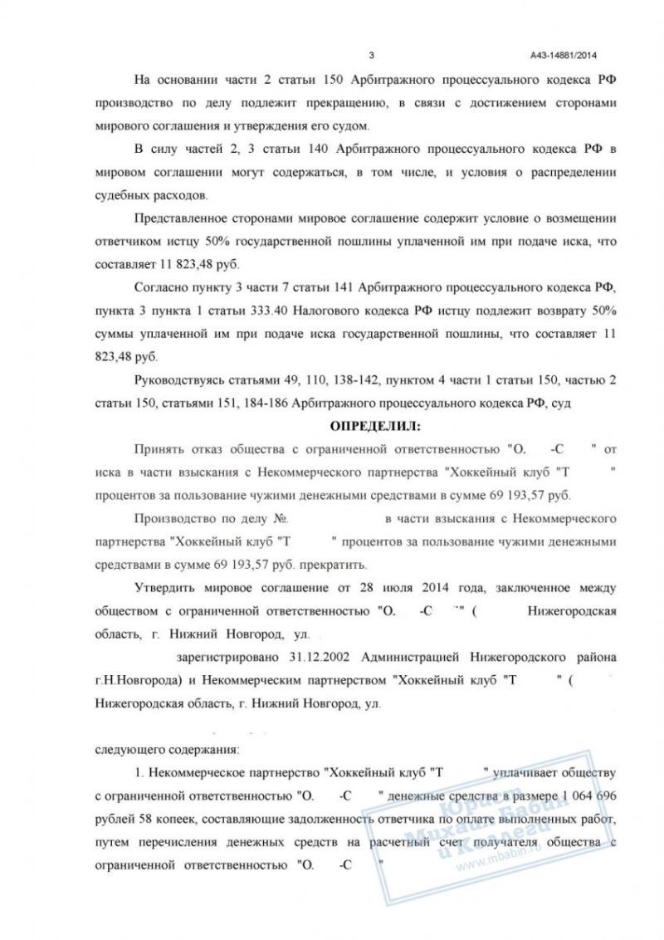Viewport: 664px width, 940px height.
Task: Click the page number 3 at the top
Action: (371, 56)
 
